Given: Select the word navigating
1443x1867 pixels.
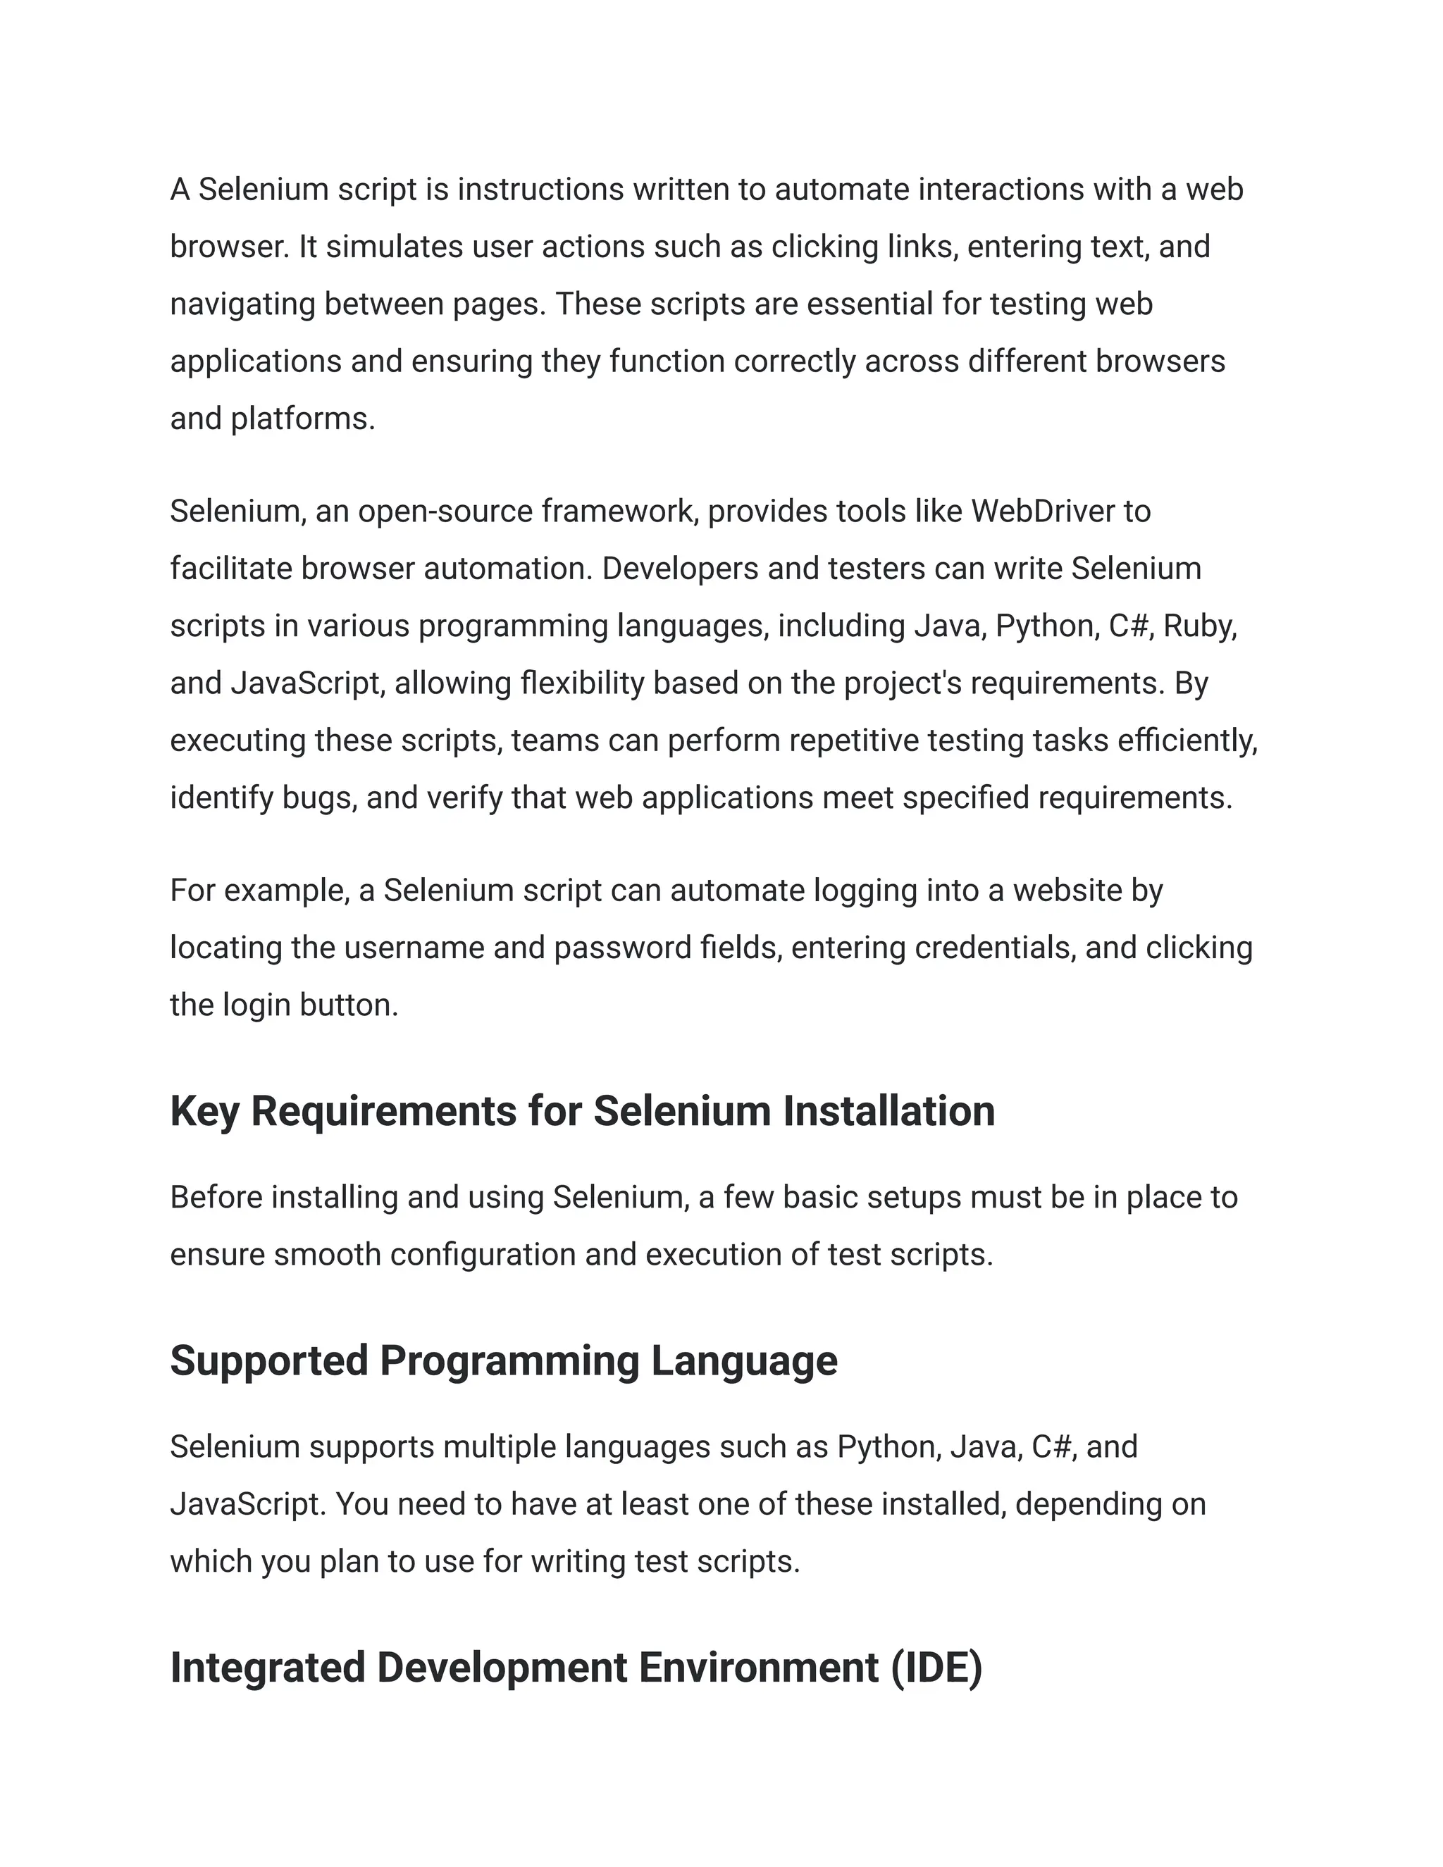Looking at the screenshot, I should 243,304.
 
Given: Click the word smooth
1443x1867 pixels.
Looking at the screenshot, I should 328,1254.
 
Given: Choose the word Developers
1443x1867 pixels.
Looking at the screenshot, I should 680,569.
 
